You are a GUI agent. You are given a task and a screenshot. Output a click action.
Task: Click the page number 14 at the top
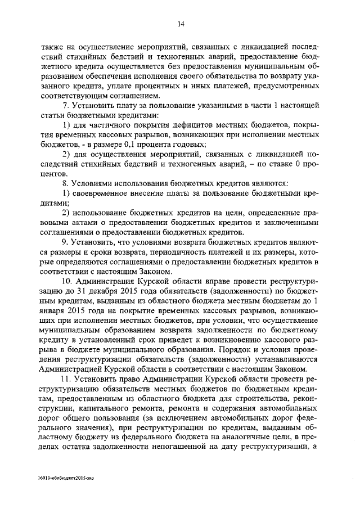point(181,24)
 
